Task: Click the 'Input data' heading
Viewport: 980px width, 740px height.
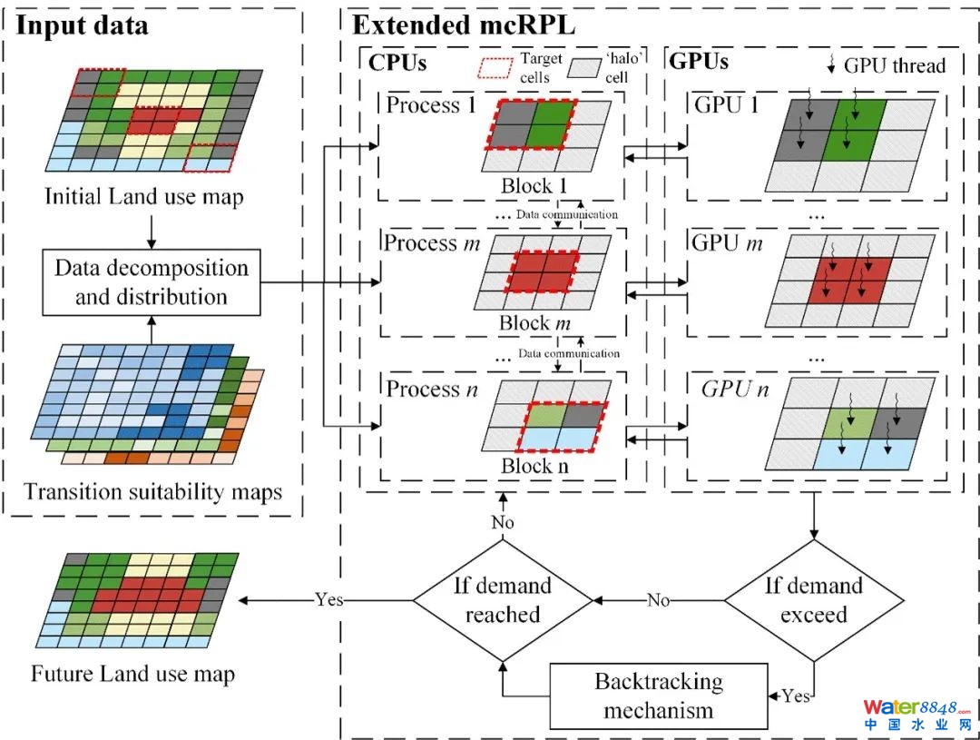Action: (x=83, y=25)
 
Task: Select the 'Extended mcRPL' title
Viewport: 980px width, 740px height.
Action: (x=464, y=25)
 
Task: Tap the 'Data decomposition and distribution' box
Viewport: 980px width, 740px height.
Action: (x=151, y=282)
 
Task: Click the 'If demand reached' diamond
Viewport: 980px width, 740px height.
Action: (x=502, y=599)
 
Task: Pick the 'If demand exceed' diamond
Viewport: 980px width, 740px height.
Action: (x=813, y=599)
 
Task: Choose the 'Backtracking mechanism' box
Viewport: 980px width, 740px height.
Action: (x=659, y=695)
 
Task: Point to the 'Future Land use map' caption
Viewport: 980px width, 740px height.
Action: (x=132, y=674)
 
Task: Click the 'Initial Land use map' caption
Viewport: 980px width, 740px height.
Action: (x=143, y=196)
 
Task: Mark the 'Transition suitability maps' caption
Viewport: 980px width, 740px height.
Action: (x=152, y=492)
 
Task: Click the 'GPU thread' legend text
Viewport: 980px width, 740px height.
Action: (x=894, y=64)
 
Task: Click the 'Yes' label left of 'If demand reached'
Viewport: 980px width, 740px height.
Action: (x=328, y=600)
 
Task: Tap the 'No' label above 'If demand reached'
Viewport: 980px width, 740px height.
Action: (x=502, y=523)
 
